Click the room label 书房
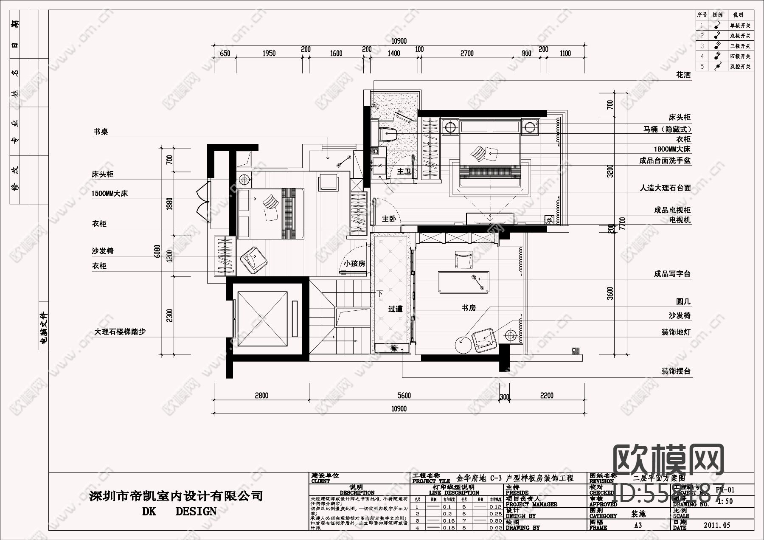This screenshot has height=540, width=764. tap(469, 308)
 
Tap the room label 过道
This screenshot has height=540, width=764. tap(395, 309)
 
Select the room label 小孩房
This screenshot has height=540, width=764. tap(354, 264)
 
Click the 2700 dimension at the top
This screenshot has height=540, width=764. tap(467, 53)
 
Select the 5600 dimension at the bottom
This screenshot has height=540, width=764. tap(404, 396)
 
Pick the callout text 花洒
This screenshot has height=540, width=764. tap(683, 76)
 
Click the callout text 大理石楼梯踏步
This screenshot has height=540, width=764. tap(120, 332)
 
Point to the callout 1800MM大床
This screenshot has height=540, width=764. tap(672, 149)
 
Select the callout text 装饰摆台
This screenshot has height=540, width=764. tap(676, 371)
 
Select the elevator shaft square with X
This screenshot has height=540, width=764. tap(263, 318)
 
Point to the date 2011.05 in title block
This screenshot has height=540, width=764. tap(717, 525)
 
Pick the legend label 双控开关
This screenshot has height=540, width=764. tap(740, 67)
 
